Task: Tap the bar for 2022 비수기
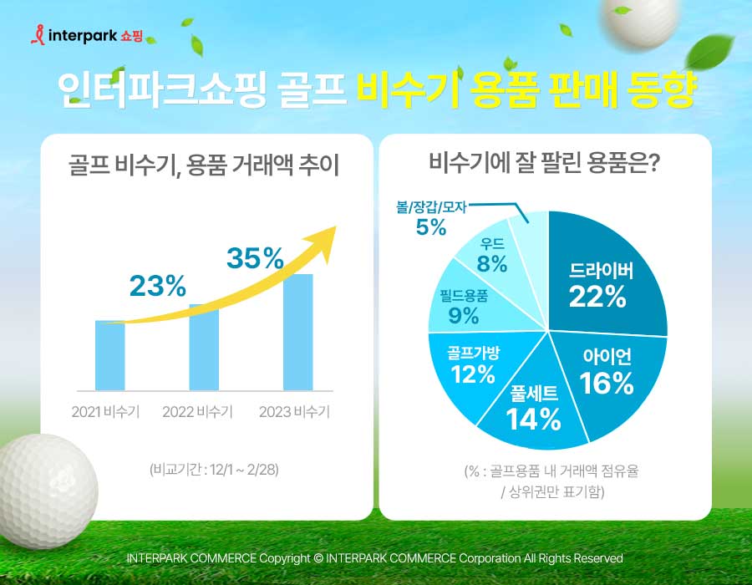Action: [204, 347]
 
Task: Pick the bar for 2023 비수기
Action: [298, 333]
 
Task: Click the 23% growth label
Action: [157, 286]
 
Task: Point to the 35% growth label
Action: [256, 258]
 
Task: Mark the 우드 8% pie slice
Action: [492, 255]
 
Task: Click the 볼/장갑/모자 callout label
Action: [431, 207]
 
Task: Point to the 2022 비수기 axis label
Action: [197, 411]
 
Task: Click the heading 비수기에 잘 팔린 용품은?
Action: [544, 162]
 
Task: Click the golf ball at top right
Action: [639, 21]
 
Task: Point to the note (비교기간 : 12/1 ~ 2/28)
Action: [214, 469]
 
